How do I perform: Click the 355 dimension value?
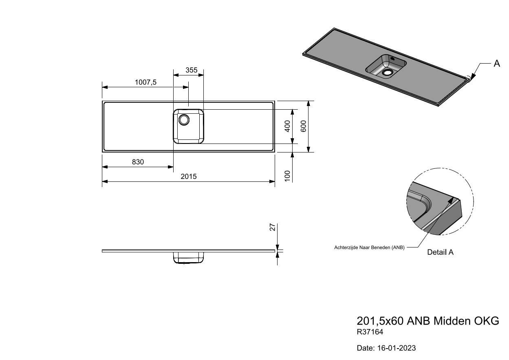click(x=191, y=70)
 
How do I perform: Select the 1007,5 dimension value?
click(x=145, y=82)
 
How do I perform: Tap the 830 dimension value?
click(x=138, y=162)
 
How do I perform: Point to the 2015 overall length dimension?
click(x=189, y=177)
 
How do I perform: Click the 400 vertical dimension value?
click(x=287, y=126)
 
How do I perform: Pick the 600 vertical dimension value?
click(x=303, y=126)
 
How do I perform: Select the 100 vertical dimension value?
click(x=287, y=176)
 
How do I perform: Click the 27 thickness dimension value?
click(x=273, y=227)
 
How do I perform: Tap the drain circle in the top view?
click(x=184, y=120)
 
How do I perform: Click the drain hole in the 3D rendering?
click(x=387, y=73)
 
